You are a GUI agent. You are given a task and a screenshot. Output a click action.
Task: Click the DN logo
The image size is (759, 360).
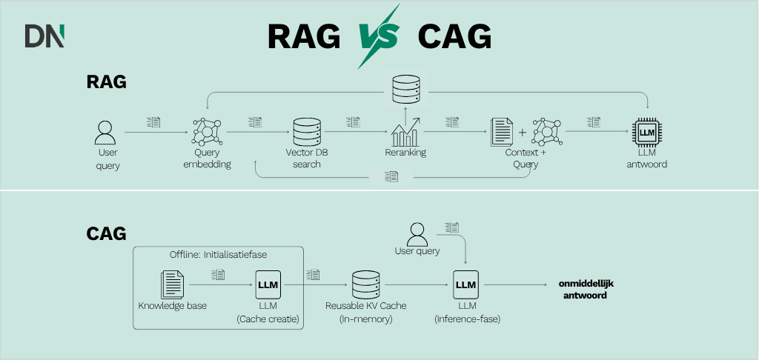coord(44,36)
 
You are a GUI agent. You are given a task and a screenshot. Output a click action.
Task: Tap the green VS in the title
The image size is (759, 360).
coord(379,36)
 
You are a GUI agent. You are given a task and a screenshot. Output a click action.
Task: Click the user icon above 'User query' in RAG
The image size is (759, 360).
coord(107,133)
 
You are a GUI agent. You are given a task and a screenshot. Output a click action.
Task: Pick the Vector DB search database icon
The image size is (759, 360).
coord(306,133)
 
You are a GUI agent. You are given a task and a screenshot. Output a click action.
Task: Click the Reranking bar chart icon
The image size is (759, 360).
coord(406,132)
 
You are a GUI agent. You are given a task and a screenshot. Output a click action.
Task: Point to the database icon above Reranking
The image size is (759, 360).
coord(405,90)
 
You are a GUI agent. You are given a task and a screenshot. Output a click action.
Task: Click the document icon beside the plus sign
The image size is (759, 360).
coord(502,132)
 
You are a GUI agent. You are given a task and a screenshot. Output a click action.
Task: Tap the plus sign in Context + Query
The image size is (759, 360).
coord(523,133)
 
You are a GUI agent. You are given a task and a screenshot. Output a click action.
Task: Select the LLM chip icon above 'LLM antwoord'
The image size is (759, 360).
coord(647,133)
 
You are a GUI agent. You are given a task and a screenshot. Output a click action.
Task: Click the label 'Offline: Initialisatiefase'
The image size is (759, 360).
coord(218,254)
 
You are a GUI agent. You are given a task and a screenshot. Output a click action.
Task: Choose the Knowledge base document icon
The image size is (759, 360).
coord(173,285)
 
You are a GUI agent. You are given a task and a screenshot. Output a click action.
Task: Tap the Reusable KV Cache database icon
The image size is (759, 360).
coord(365,285)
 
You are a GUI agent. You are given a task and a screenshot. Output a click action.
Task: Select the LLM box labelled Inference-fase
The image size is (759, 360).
coord(465,285)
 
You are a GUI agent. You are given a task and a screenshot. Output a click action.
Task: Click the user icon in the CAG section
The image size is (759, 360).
coord(417,233)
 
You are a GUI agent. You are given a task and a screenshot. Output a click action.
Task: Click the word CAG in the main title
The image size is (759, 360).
coord(454,36)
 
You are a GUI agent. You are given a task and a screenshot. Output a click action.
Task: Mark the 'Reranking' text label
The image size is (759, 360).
coord(405,153)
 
